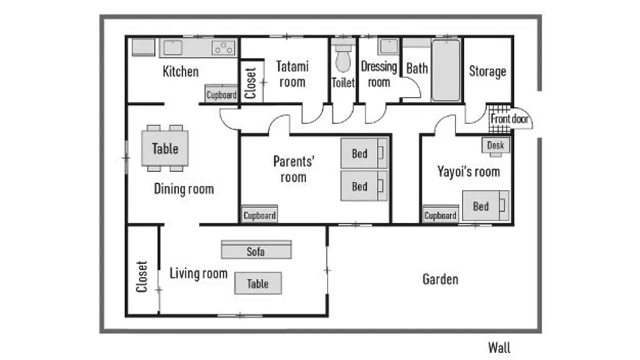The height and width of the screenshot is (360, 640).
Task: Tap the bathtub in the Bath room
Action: coord(445,70)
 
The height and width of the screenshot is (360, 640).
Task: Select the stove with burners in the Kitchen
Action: coord(223,48)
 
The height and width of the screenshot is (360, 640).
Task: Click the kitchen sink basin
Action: coord(173,47)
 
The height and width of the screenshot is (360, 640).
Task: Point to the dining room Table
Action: coord(165,148)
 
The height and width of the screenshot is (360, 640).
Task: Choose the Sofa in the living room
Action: coord(256,249)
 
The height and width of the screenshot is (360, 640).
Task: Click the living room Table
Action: coord(258,283)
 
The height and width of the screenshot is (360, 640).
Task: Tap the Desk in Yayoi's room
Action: coord(495,146)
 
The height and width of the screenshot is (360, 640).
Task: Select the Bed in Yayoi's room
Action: coord(485,205)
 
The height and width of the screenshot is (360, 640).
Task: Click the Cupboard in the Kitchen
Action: coord(221,93)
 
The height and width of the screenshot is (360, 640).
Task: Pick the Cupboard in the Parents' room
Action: coord(259,214)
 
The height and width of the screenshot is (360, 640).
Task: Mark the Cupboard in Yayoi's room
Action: coord(440,214)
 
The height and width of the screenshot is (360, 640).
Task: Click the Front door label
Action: coord(509,119)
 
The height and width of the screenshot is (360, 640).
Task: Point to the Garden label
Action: coord(440,279)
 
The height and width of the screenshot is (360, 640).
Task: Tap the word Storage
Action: coord(487,71)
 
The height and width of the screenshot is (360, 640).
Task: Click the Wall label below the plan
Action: coord(499,347)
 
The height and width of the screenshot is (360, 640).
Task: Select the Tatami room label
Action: coord(292,74)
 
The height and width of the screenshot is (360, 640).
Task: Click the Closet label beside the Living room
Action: coord(141,276)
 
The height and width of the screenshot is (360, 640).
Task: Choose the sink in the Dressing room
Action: coord(388,46)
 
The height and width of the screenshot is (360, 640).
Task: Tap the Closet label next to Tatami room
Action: coord(250,83)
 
